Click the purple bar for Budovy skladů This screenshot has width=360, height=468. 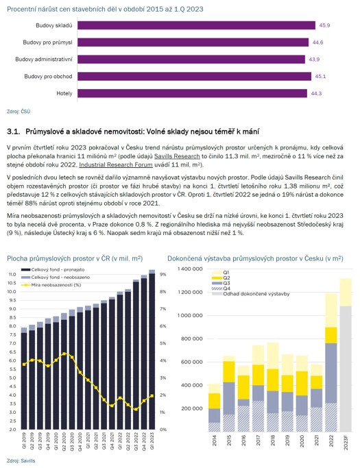(x=196, y=25)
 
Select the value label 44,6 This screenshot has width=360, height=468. (x=317, y=42)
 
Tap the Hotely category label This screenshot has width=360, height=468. (x=64, y=93)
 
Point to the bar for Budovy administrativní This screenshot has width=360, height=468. (x=191, y=60)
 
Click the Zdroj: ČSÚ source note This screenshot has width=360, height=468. (x=19, y=111)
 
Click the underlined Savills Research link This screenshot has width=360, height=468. (x=177, y=156)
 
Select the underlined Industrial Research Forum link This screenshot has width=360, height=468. (x=116, y=164)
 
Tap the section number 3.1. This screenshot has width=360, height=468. (x=14, y=132)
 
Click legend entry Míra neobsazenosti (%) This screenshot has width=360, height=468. (x=51, y=285)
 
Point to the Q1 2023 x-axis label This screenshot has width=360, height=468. (x=152, y=441)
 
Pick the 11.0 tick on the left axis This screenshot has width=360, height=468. (x=12, y=274)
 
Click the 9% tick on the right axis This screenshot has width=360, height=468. (x=163, y=274)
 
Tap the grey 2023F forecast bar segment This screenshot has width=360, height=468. (x=346, y=369)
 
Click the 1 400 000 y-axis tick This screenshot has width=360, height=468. (x=190, y=269)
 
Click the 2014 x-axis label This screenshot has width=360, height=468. (x=214, y=440)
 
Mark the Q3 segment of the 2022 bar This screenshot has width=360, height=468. (x=331, y=373)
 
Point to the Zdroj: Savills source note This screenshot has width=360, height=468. (x=21, y=461)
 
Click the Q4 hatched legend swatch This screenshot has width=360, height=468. (x=217, y=288)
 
